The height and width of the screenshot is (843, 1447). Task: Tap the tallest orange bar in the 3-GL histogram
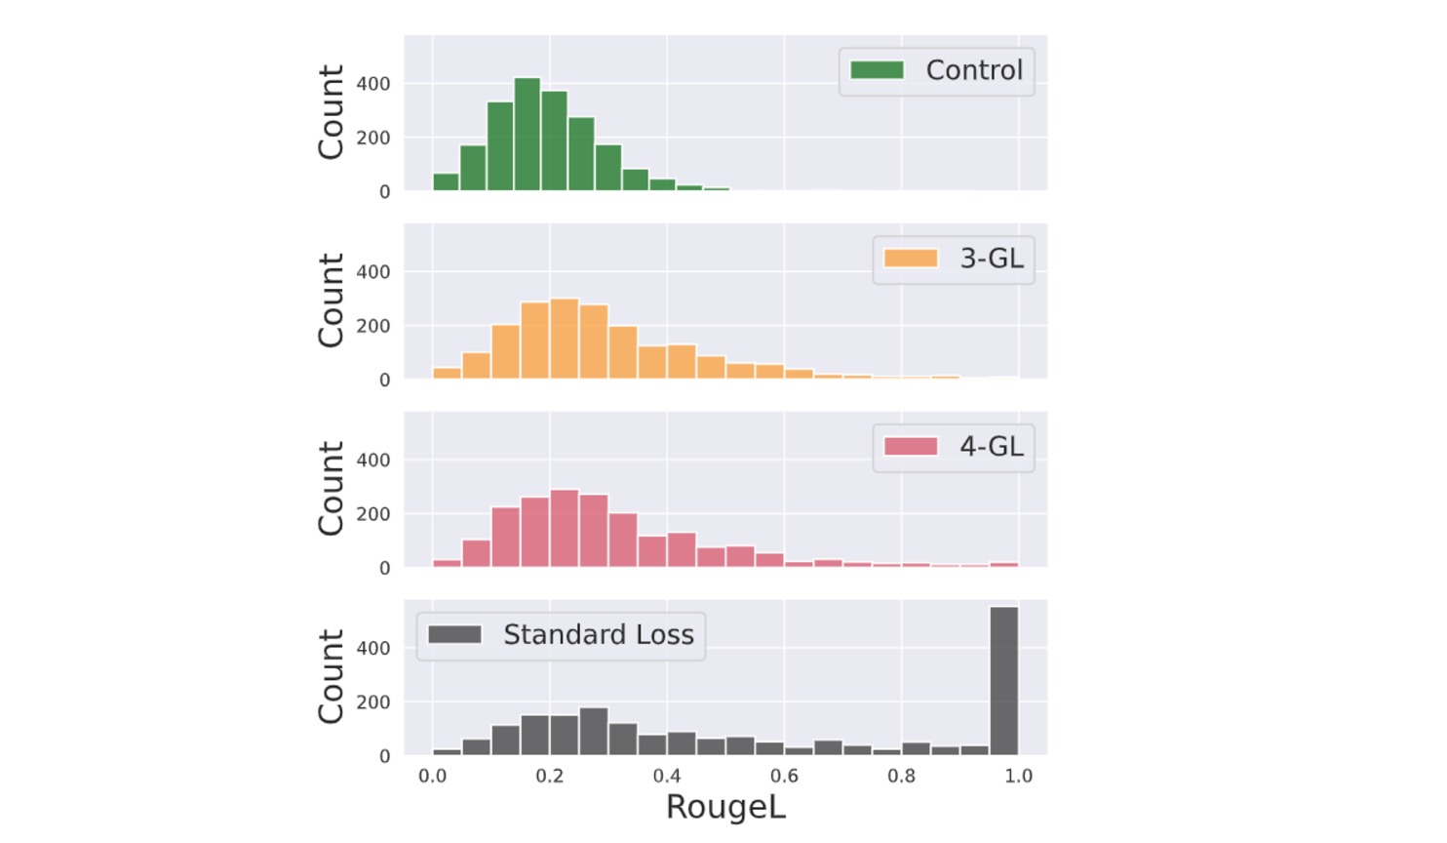click(564, 339)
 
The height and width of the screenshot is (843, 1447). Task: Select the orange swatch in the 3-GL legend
click(911, 259)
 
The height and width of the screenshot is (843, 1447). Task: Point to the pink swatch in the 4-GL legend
click(911, 447)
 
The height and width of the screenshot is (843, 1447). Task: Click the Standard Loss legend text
click(598, 635)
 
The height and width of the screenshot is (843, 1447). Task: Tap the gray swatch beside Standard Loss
click(454, 635)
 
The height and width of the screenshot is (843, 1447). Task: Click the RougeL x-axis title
click(725, 808)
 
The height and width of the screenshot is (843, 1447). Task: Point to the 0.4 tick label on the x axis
click(667, 777)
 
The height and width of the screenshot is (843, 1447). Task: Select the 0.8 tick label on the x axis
click(901, 777)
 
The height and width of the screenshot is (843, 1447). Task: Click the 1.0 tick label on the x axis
click(1018, 777)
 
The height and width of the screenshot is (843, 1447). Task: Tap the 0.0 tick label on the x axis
click(432, 777)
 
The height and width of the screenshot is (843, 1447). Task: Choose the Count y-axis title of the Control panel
click(332, 112)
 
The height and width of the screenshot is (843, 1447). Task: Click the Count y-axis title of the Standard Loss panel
click(332, 676)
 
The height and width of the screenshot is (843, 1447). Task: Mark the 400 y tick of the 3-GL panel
click(372, 272)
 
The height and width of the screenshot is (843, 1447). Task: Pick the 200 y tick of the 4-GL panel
click(372, 514)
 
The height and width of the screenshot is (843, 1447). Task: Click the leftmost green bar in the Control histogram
click(446, 181)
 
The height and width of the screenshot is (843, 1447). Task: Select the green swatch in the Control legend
click(878, 70)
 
